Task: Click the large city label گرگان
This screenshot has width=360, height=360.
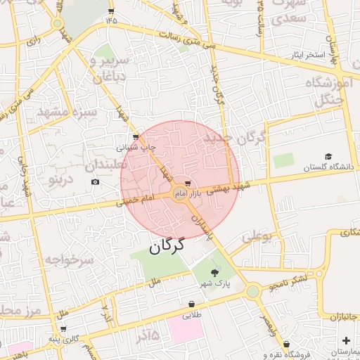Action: point(167,245)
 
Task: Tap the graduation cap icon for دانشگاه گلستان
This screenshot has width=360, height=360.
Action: point(328,156)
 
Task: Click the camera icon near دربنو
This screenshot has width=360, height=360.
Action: point(96,183)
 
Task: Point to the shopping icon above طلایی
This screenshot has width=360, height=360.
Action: point(192,304)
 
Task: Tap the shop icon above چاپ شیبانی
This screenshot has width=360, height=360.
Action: point(135,138)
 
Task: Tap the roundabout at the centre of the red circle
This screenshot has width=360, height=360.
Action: point(180,194)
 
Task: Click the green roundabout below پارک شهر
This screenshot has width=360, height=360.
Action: point(252,290)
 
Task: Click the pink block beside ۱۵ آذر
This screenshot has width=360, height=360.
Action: point(186,330)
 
